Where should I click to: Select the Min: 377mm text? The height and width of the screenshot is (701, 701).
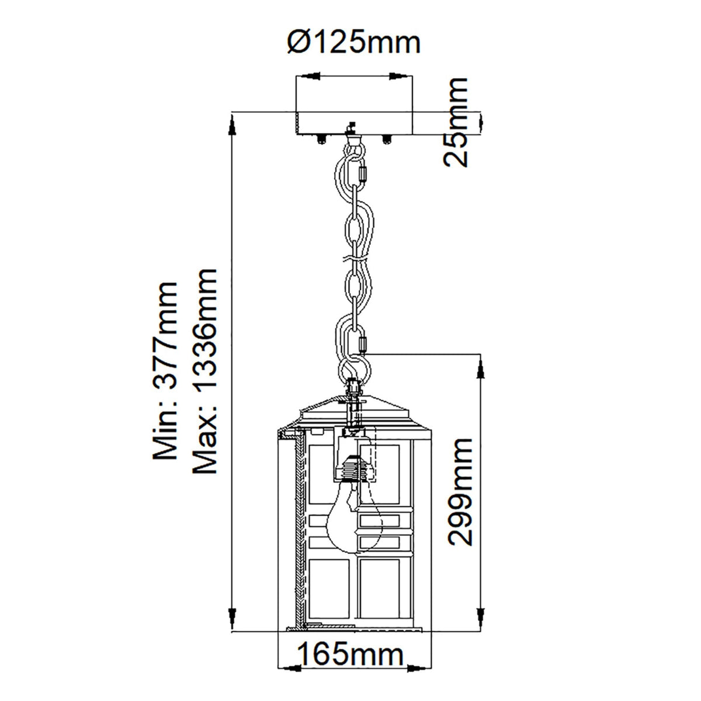(164, 370)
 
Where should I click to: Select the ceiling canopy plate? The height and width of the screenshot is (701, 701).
(355, 122)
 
